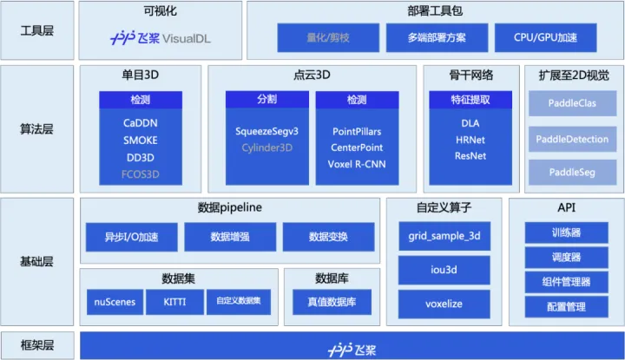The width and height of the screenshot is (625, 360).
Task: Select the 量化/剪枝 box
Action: coord(327,37)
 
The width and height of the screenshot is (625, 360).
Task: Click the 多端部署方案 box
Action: coord(436,37)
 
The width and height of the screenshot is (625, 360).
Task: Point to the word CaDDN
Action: coord(141,123)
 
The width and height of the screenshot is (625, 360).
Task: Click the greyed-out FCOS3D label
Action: coord(141,174)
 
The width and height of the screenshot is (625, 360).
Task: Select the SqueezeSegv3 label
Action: coord(266,131)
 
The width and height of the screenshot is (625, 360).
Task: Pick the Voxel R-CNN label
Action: coord(357,164)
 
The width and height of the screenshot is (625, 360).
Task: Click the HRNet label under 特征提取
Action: coord(470,140)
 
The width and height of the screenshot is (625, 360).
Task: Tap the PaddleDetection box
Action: coord(572,139)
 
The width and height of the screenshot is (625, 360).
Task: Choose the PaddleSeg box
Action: coord(572,173)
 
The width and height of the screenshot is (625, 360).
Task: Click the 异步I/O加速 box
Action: coord(130,237)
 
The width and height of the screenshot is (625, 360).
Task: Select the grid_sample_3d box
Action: coord(444,236)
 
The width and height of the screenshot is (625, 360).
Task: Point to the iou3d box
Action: coord(444,270)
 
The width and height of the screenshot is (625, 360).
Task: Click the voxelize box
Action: coord(444,304)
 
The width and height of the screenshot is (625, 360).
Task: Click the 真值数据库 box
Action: coord(332,302)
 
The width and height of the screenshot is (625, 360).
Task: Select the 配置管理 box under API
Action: coord(566,306)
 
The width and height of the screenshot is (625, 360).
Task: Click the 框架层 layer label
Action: coord(36,345)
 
